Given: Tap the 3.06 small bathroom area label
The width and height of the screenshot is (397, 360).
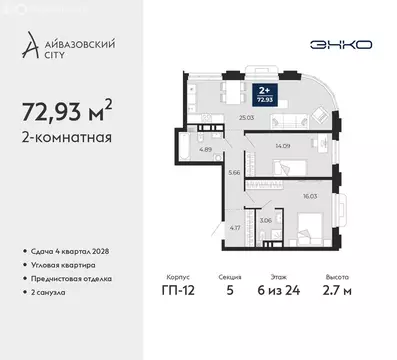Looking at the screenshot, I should point(265,219).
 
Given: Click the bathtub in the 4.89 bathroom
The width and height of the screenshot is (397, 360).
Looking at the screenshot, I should point(183,150).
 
